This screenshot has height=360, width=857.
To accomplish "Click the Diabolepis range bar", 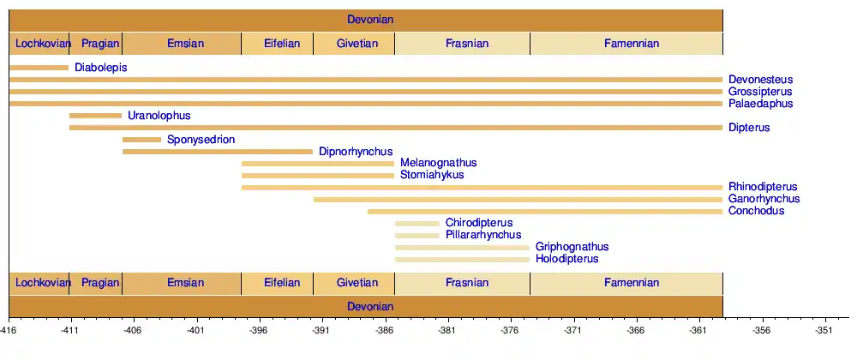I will pos(39,68).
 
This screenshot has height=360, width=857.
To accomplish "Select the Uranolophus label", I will pos(159,116).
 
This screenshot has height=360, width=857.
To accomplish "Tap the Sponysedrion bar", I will pos(141,140).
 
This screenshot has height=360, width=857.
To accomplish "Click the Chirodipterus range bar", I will pos(417,224).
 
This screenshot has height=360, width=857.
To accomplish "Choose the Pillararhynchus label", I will pos(483,235).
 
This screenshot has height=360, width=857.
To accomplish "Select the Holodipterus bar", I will pos(462,259).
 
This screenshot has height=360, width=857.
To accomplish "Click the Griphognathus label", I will pos(572,247).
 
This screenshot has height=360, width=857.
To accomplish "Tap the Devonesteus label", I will pos(761,80).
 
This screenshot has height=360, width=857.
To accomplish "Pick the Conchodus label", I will pos(756,211).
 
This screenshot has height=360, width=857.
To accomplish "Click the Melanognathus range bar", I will pos(318,163).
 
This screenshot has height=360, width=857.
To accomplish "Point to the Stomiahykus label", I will pos(432,175).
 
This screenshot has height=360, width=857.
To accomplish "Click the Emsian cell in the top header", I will pos(185,44).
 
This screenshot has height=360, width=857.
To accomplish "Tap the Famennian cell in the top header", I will pos(632,44).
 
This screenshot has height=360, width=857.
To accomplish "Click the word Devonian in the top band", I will pos(370,20).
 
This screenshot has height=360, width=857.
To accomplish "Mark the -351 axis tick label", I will pos(824,329).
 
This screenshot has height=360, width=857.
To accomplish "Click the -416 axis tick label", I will pos(9,329).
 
